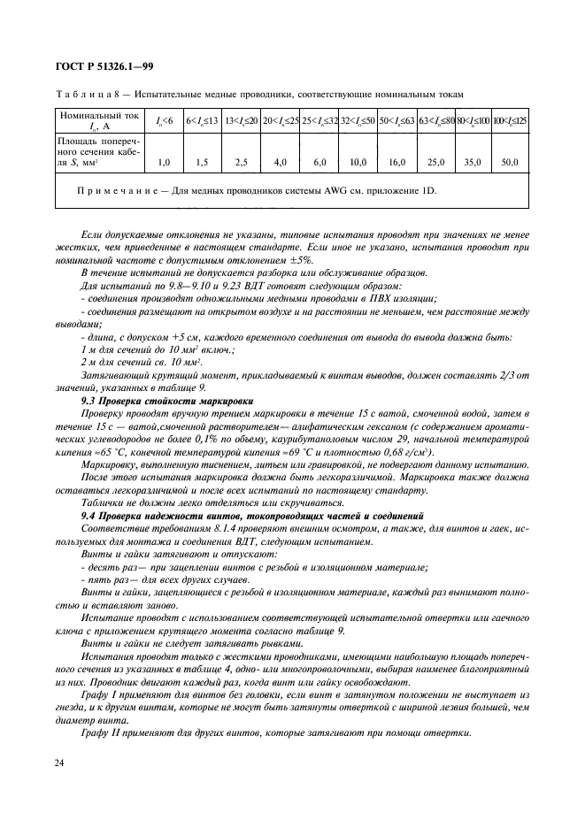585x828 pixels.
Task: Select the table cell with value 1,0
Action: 164,163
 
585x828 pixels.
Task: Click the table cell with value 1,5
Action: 202,163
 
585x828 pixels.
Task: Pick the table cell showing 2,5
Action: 241,163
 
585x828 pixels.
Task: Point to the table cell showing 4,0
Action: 281,163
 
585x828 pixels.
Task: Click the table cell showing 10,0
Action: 358,163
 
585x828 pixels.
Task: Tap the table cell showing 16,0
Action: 396,163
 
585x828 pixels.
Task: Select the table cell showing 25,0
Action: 435,163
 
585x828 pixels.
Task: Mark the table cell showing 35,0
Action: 473,163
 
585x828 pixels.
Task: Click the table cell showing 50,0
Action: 509,163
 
